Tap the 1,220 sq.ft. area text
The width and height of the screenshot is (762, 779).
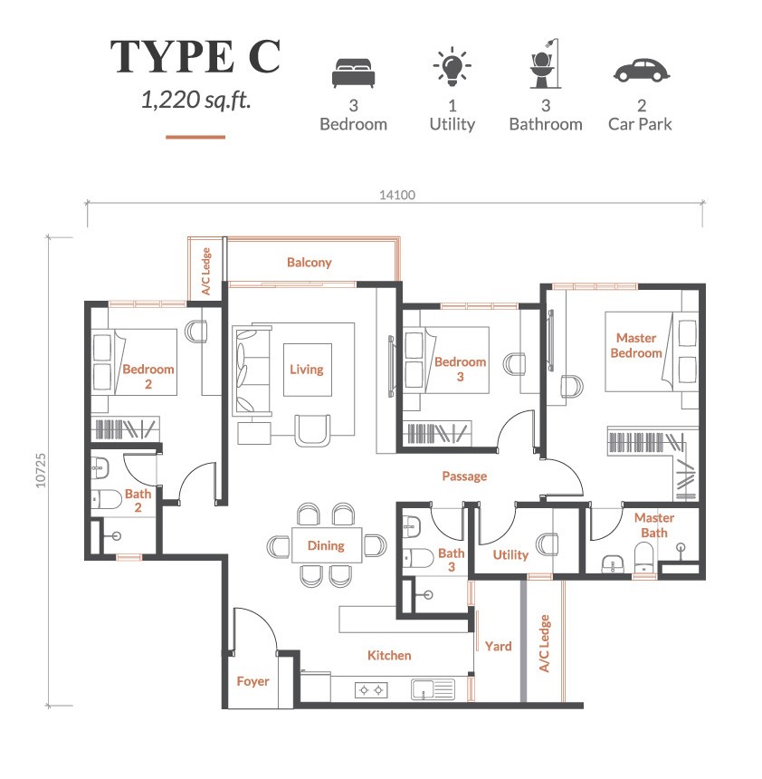point(195,100)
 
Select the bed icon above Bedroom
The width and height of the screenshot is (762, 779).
point(353,71)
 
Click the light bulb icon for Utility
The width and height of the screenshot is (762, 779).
point(451,68)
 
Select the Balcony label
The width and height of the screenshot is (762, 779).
point(310,263)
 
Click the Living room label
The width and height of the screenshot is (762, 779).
point(306,370)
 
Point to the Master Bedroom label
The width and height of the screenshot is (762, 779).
point(635,345)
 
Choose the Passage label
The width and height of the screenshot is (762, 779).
point(464,476)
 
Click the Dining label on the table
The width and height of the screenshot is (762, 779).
point(325,545)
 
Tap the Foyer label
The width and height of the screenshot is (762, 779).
point(252,680)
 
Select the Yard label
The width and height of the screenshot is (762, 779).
point(498,646)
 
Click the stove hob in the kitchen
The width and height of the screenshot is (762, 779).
point(370,690)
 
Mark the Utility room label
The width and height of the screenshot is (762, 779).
point(510,554)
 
